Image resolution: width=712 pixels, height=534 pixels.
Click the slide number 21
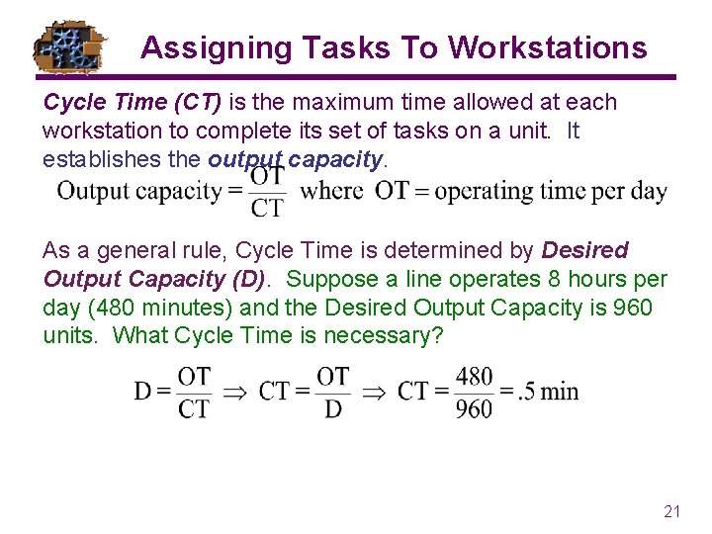[x=672, y=511]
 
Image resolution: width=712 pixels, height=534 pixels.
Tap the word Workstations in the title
[x=548, y=47]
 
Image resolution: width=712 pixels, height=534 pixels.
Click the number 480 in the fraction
[x=475, y=377]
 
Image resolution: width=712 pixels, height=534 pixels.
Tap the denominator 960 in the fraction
[x=475, y=407]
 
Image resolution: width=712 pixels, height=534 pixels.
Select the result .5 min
[x=547, y=392]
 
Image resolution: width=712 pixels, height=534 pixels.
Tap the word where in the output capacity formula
[x=332, y=190]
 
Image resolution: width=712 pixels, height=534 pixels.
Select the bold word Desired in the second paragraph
[x=585, y=251]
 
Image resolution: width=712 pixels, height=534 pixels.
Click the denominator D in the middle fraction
[x=332, y=407]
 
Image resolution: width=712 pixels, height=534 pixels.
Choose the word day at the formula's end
[x=649, y=191]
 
